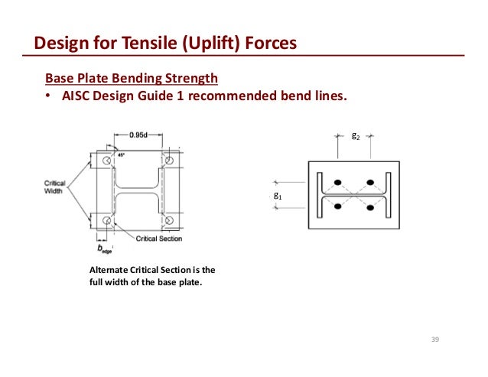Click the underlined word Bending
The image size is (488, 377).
[134, 78]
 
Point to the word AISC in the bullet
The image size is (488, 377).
[77, 96]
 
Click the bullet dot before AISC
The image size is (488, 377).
[47, 97]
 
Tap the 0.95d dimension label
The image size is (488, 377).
[138, 135]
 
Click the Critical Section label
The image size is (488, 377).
[159, 239]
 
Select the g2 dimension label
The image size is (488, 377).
[355, 136]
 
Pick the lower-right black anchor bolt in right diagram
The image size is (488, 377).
[370, 206]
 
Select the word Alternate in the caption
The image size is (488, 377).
[109, 270]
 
